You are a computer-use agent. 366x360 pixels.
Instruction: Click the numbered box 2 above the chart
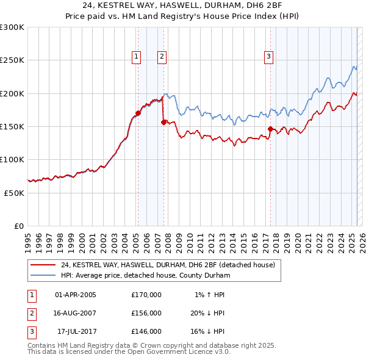point(162,57)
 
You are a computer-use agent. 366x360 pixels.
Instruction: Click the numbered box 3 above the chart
point(268,57)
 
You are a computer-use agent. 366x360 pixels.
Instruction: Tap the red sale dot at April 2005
point(138,113)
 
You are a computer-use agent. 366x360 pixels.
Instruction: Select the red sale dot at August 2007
point(163,122)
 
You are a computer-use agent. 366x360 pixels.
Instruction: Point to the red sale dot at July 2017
point(270,129)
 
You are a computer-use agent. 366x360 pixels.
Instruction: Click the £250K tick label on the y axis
point(12,60)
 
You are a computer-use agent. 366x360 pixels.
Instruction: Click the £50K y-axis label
point(14,193)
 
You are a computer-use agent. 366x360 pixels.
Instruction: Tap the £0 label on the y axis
point(19,226)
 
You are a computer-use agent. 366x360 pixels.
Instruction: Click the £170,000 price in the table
point(146,295)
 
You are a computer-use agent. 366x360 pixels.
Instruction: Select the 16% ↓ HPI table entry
point(206,331)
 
